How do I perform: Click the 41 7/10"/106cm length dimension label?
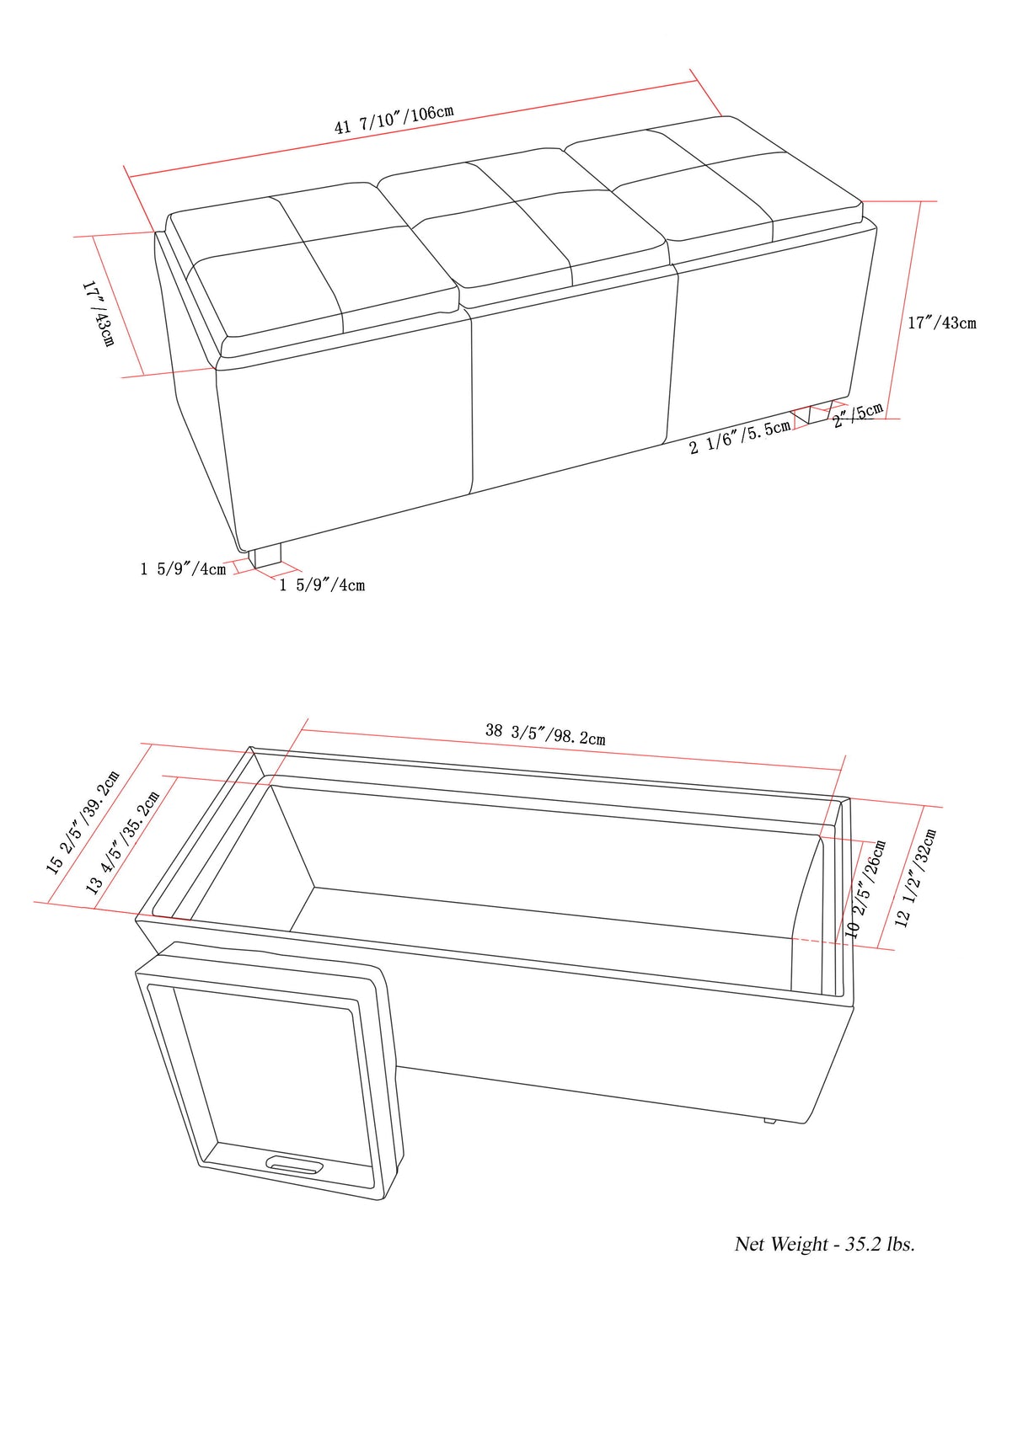click(394, 120)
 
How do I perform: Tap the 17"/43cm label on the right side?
click(941, 323)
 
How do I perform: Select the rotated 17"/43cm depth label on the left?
click(98, 314)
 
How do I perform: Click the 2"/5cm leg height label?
click(858, 415)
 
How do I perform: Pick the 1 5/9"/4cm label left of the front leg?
click(183, 569)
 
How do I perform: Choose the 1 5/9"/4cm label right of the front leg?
click(322, 584)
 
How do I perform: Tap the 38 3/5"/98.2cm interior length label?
click(544, 734)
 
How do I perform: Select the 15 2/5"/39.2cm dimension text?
click(83, 823)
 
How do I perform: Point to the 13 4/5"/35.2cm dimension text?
click(122, 843)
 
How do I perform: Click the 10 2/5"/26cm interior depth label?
click(865, 889)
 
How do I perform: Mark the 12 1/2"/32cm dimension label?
click(915, 878)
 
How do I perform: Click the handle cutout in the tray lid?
click(294, 1165)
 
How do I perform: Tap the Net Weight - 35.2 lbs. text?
click(824, 1244)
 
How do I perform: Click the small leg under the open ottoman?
click(769, 1120)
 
